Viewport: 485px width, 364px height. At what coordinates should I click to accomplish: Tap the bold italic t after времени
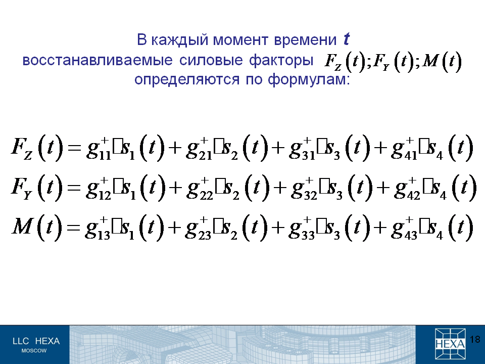[346, 39]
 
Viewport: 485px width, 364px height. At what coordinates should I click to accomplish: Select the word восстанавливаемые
[98, 60]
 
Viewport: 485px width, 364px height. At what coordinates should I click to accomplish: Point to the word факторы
[281, 60]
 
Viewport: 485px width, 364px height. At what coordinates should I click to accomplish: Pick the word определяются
[187, 79]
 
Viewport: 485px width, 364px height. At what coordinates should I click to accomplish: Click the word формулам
[309, 79]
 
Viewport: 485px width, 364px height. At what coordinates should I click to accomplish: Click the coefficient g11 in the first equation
[99, 149]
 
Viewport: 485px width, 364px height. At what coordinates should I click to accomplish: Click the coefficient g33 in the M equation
[302, 229]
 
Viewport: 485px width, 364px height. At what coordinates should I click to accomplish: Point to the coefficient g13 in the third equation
[98, 229]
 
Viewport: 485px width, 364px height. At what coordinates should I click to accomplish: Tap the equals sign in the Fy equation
[73, 187]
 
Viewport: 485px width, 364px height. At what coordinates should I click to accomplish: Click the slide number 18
[475, 339]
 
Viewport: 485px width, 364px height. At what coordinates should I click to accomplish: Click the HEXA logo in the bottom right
[450, 344]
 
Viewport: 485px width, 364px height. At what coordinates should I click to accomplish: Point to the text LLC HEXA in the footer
[36, 341]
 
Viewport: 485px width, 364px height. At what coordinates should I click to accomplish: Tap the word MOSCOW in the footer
[34, 351]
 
